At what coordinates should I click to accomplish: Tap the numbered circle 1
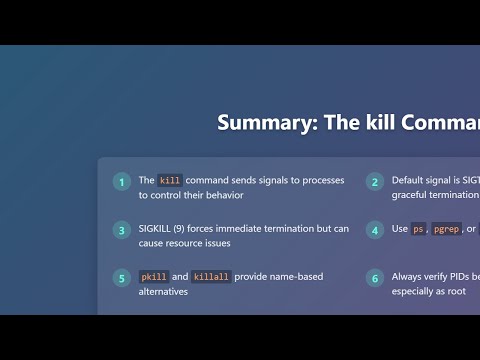[121, 182]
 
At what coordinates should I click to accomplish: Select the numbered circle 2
[375, 182]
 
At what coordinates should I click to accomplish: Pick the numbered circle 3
[121, 230]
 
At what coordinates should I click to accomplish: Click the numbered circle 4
[375, 230]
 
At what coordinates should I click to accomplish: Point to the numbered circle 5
[121, 278]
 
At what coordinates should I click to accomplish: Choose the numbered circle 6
[375, 278]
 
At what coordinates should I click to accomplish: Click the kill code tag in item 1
[170, 181]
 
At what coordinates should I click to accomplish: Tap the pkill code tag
[152, 277]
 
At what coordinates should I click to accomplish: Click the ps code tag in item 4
[419, 229]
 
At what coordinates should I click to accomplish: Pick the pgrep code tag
[447, 229]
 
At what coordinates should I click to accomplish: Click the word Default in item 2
[409, 180]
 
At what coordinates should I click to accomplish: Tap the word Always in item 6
[408, 276]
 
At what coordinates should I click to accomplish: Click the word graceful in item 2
[412, 195]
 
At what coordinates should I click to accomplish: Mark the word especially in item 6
[415, 291]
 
